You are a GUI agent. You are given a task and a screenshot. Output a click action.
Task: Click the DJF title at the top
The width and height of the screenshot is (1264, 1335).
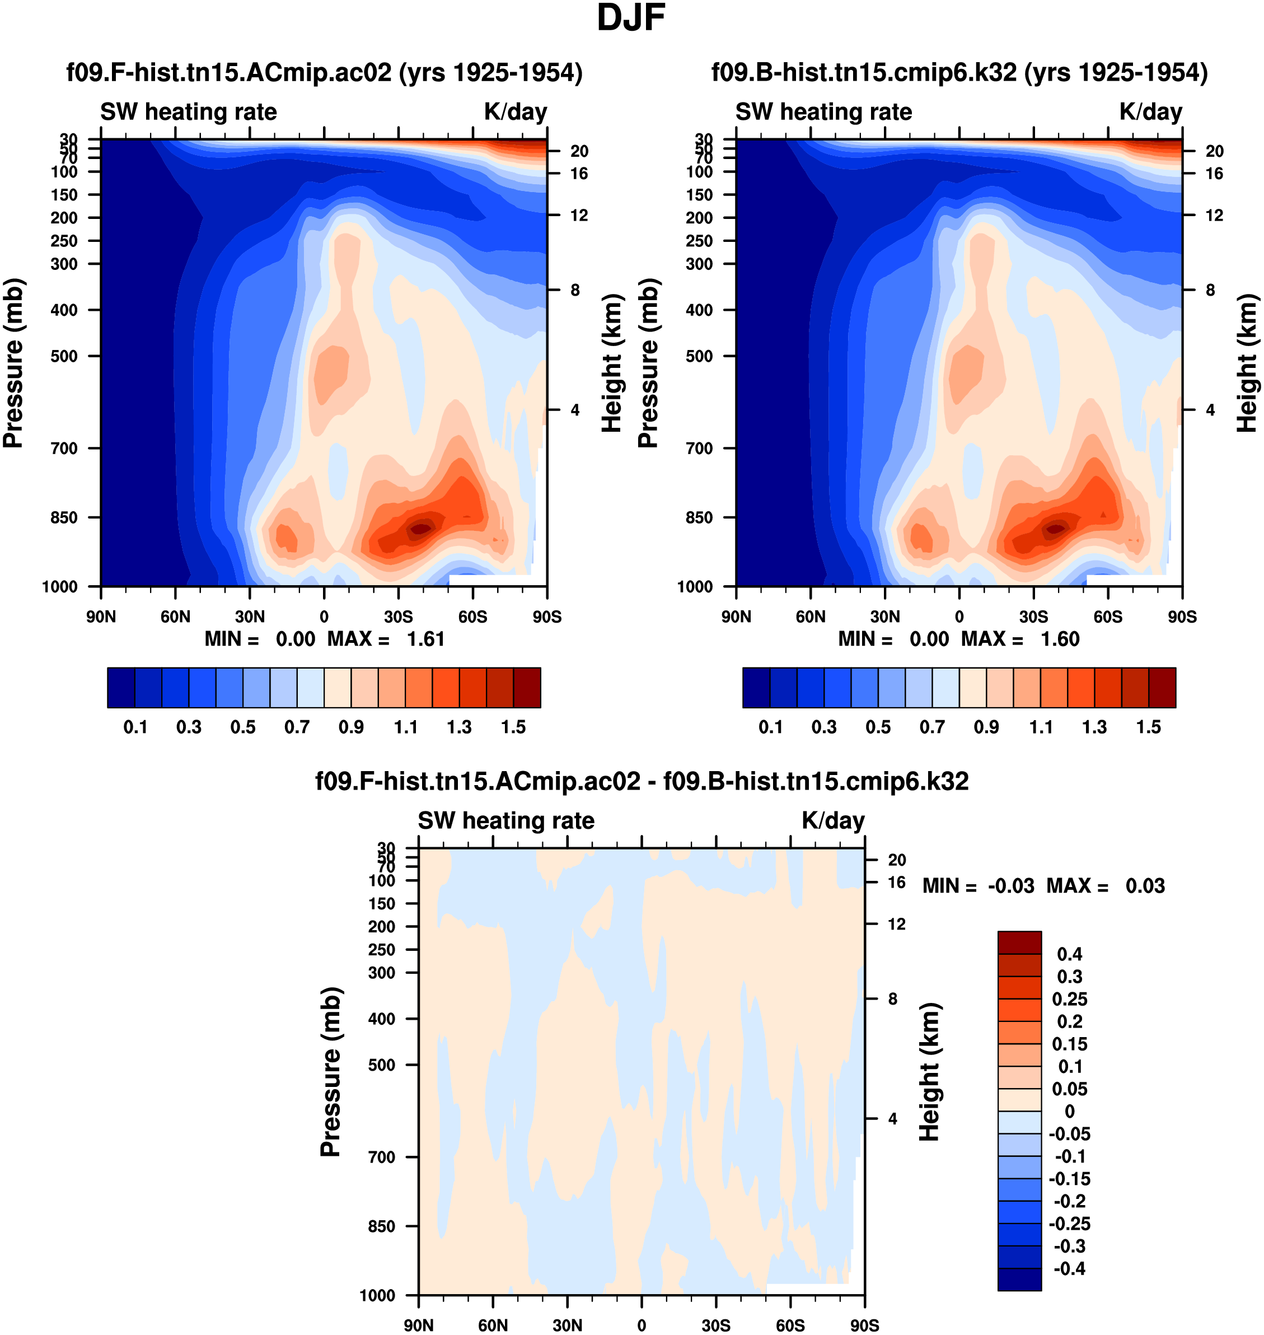[631, 18]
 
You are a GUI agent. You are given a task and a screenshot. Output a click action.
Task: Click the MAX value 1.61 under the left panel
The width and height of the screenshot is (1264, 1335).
[426, 639]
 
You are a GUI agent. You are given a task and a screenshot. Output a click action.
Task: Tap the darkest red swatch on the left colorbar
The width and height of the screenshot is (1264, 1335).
[527, 688]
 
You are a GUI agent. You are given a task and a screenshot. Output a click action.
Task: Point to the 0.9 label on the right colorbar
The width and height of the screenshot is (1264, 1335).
[986, 727]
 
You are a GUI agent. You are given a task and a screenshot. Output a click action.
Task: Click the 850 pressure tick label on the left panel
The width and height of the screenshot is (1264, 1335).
[65, 517]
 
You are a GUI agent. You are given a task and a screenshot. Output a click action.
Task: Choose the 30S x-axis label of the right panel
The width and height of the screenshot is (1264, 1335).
[1033, 617]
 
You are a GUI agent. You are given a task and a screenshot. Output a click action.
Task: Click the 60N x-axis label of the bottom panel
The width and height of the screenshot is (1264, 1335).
[493, 1325]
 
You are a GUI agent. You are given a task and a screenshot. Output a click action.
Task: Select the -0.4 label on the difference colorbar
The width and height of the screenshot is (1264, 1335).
[1069, 1269]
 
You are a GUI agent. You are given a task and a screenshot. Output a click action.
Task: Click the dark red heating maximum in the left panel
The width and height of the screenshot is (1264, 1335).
[420, 529]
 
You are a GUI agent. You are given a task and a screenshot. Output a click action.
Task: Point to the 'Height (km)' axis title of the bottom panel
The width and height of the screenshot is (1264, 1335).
[929, 1071]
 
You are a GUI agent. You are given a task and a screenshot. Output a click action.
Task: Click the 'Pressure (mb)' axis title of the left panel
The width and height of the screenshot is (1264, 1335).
[13, 363]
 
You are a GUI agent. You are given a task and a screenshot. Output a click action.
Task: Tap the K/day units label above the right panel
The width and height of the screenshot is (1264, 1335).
[1151, 112]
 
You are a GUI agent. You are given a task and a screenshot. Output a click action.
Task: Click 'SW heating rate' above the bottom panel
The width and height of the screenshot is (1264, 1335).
[506, 821]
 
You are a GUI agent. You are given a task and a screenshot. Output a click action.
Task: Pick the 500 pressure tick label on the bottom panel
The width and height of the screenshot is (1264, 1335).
[382, 1065]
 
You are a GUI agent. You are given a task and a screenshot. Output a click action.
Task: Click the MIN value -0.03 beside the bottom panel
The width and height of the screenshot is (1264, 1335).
[1010, 885]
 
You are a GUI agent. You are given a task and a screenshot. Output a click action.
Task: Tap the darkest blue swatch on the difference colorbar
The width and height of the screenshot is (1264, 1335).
[1019, 1279]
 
